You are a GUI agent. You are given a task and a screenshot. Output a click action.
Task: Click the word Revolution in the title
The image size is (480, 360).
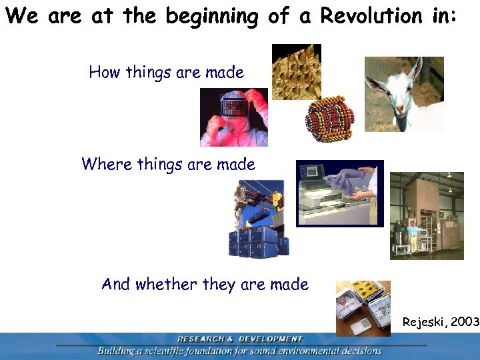click(x=371, y=16)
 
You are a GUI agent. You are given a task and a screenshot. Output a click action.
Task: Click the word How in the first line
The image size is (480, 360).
click(x=103, y=72)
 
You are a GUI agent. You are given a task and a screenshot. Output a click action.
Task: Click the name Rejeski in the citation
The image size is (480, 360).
click(x=424, y=322)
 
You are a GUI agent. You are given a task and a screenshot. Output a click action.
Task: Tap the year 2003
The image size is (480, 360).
click(x=465, y=322)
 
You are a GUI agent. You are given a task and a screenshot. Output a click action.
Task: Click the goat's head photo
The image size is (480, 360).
click(x=403, y=93)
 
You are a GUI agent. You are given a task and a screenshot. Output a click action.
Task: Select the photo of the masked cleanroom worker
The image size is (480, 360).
click(x=234, y=117)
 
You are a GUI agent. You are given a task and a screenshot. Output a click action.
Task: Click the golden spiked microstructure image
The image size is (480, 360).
click(x=296, y=71)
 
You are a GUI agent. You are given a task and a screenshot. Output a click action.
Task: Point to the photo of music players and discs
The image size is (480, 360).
click(x=363, y=307)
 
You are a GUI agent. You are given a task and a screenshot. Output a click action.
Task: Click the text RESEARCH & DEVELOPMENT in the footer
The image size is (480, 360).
click(x=239, y=339)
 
